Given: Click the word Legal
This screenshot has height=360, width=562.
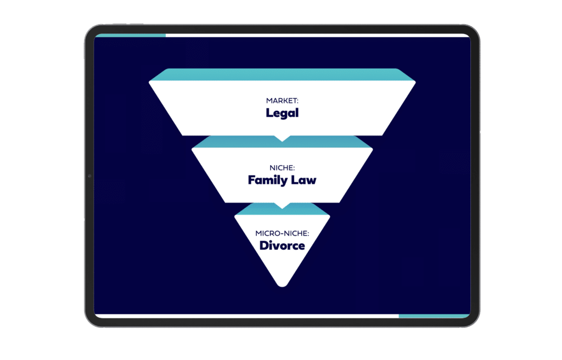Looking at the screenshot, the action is (x=282, y=113).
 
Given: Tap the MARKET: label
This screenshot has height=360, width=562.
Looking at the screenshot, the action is (x=282, y=101).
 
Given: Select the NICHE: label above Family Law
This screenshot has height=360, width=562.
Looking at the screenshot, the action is (x=282, y=168).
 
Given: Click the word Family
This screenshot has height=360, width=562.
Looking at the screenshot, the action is (x=267, y=180).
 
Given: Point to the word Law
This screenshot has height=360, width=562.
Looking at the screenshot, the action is (x=304, y=180).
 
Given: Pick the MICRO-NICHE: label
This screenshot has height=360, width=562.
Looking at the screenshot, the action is (x=282, y=233).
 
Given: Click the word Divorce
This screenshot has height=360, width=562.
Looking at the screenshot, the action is (x=282, y=246).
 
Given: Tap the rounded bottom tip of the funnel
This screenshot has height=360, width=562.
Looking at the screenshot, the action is (x=282, y=285).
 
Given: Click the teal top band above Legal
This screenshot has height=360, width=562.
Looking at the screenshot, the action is (x=282, y=75).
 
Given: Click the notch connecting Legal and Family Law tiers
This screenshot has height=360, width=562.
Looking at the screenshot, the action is (x=282, y=138).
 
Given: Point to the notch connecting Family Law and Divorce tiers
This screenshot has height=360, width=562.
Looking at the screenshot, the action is (x=282, y=205).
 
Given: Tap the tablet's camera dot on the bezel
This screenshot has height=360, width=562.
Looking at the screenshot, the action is (x=89, y=176).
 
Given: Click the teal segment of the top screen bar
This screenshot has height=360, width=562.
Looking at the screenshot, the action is (x=131, y=36).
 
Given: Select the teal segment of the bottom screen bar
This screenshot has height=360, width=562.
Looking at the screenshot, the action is (x=434, y=316).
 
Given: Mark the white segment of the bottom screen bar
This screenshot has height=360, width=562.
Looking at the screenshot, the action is (x=247, y=316).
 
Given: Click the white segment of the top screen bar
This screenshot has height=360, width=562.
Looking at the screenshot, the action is (x=318, y=36).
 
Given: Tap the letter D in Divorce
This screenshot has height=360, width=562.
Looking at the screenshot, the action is (x=264, y=246).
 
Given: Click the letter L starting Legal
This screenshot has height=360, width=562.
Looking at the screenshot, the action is (x=269, y=113).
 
